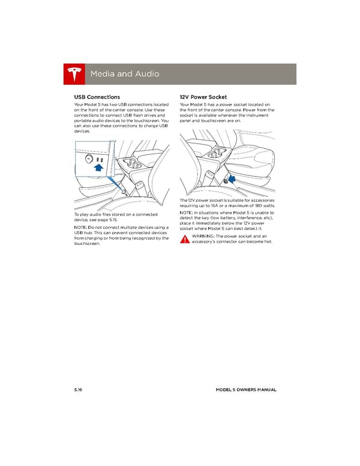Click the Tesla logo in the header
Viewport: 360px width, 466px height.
point(74,74)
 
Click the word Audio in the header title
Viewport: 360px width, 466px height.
point(145,74)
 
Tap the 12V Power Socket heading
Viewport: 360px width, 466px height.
point(203,97)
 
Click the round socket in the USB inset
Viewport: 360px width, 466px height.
point(89,159)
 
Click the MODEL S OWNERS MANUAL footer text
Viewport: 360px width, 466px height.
point(246,390)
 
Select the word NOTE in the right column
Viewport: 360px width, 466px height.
point(187,213)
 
